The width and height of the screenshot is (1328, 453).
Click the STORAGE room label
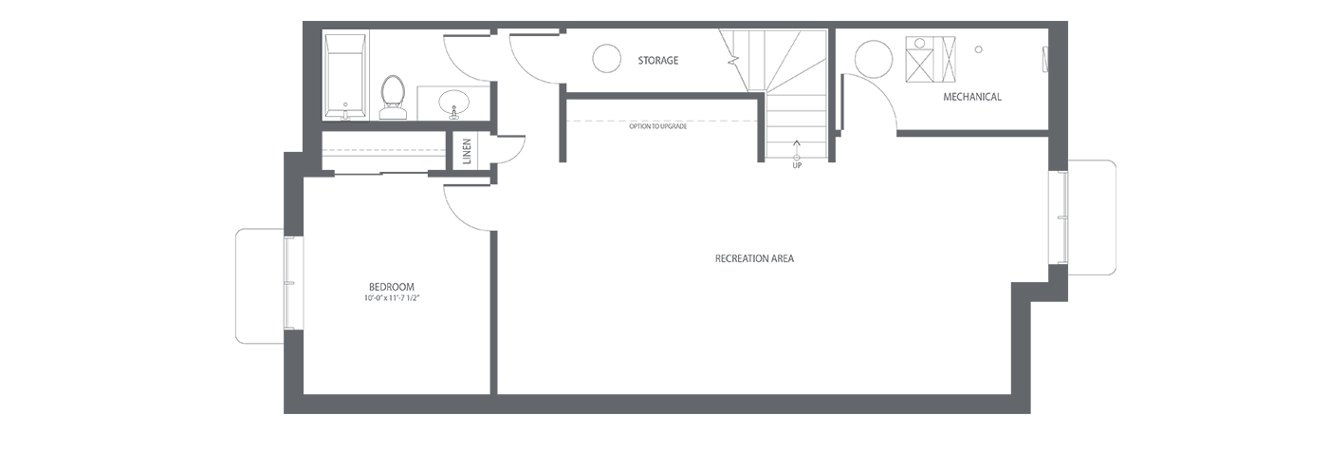pyautogui.click(x=658, y=61)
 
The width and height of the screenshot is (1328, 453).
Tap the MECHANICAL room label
pyautogui.click(x=972, y=97)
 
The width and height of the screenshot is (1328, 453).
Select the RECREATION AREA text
pyautogui.click(x=754, y=259)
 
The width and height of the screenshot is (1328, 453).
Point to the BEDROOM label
pyautogui.click(x=391, y=288)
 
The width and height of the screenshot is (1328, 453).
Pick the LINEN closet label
pyautogui.click(x=467, y=151)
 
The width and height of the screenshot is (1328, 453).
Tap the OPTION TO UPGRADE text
pyautogui.click(x=658, y=126)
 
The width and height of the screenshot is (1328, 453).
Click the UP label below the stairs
pyautogui.click(x=797, y=165)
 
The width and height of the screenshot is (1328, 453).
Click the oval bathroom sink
pyautogui.click(x=454, y=103)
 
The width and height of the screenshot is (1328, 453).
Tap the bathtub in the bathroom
pyautogui.click(x=345, y=76)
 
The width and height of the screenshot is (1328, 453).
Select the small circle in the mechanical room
pyautogui.click(x=979, y=49)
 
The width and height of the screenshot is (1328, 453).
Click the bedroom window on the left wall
pyautogui.click(x=290, y=283)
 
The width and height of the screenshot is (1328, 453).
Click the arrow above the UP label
pyautogui.click(x=796, y=148)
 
